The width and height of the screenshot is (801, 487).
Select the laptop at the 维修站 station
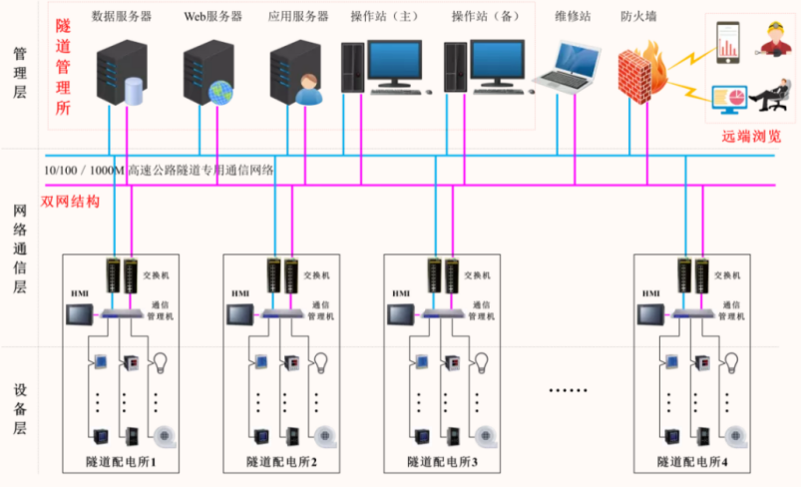pyautogui.click(x=566, y=68)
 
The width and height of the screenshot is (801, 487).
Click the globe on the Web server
pyautogui.click(x=219, y=93)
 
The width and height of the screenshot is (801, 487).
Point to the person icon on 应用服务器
pyautogui.click(x=307, y=92)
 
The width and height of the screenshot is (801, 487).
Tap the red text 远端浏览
pyautogui.click(x=750, y=137)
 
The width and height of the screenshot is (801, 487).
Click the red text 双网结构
pyautogui.click(x=70, y=201)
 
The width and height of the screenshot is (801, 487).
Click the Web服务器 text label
pyautogui.click(x=208, y=17)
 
